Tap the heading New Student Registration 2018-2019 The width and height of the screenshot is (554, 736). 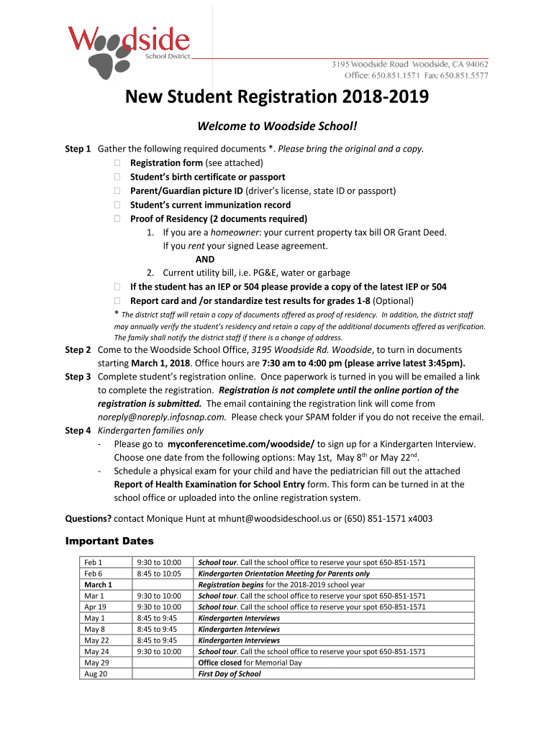coord(277,97)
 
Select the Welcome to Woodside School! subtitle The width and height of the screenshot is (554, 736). coord(277,126)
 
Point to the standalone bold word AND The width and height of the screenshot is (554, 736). coord(205,259)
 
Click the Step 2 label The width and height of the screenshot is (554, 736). coord(78,350)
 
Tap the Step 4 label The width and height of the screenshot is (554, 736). coord(78,431)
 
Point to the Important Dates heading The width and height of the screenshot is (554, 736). coord(109,541)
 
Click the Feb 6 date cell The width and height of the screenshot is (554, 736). coord(94,574)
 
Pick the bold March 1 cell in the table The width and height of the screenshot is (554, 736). coord(98,585)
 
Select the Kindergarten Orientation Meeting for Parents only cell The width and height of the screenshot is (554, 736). coord(283,574)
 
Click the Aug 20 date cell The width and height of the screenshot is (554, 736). coord(96,674)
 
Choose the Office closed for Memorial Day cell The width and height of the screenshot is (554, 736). coord(250,663)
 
